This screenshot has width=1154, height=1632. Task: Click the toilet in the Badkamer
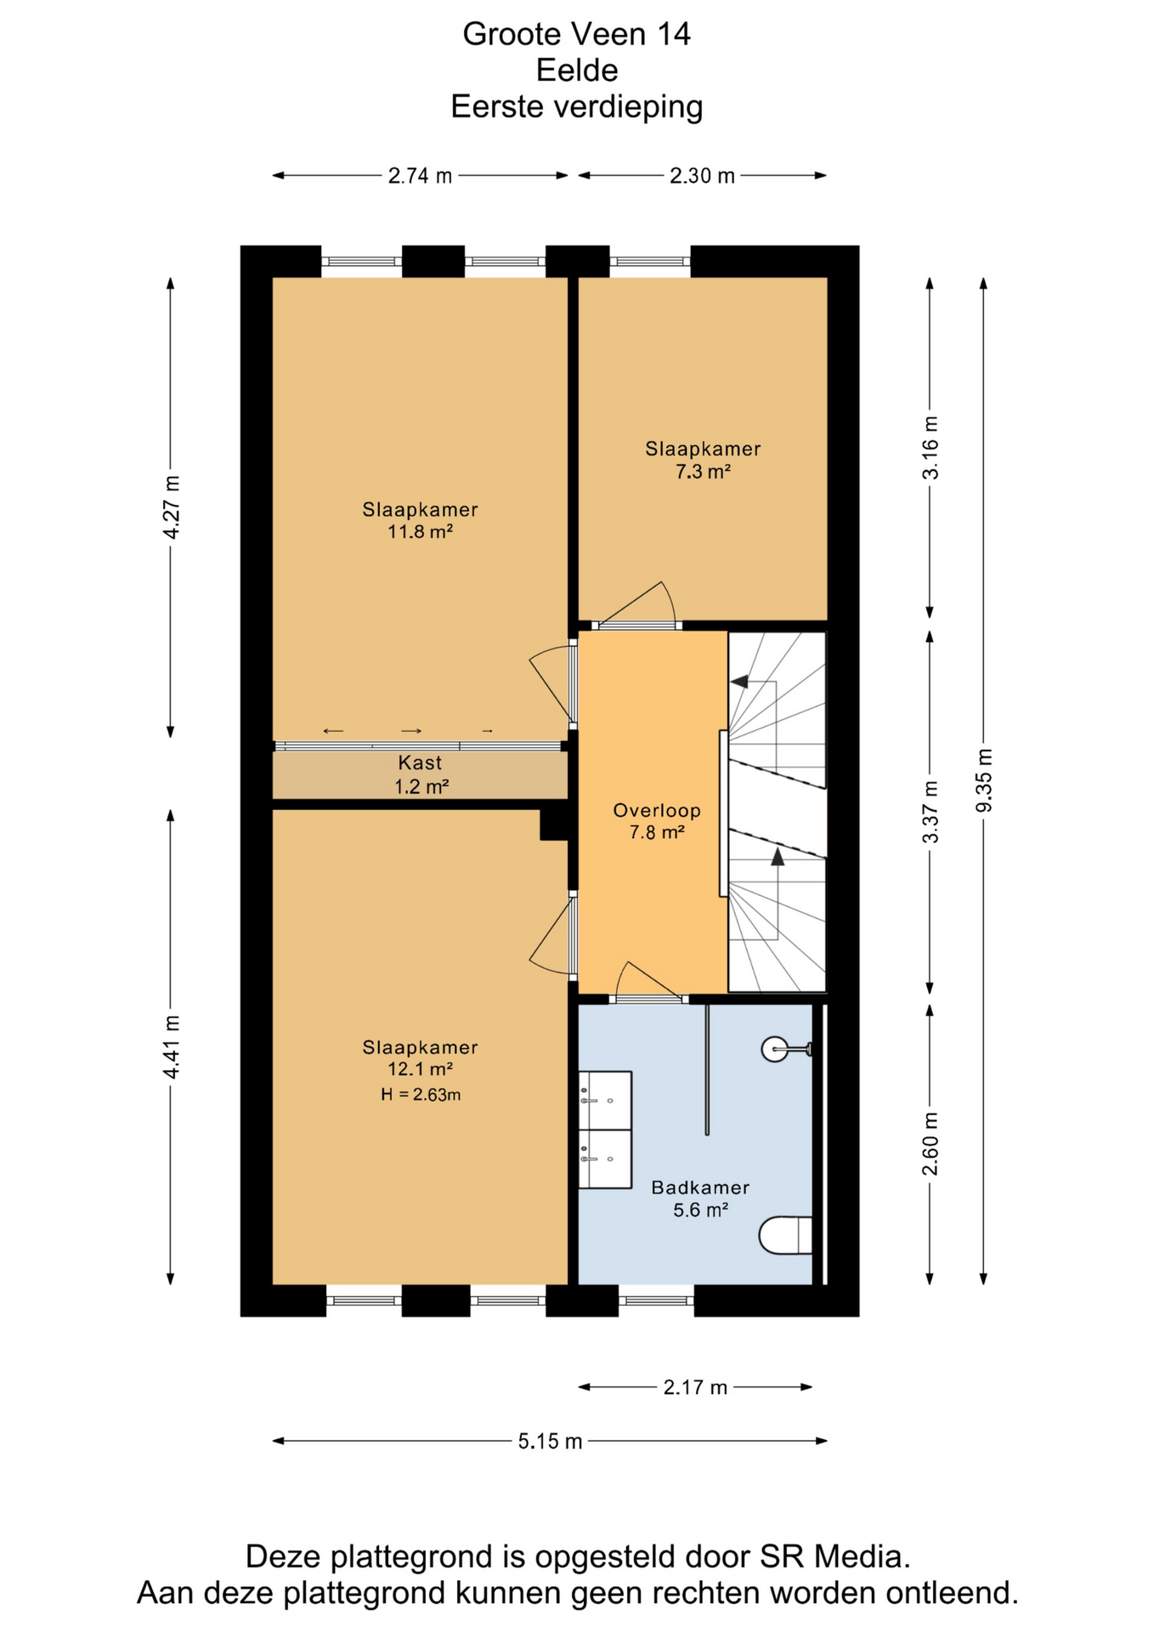785,1235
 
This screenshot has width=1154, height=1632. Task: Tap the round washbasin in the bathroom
776,1049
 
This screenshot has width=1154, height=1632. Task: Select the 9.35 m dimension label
984,779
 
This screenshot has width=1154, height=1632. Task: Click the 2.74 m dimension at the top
420,176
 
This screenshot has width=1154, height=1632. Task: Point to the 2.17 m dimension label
695,1387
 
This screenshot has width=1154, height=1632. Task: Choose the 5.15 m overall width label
550,1441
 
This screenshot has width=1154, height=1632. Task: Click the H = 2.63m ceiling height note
421,1095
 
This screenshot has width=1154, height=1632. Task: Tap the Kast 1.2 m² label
421,774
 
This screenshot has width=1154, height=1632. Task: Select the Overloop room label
657,810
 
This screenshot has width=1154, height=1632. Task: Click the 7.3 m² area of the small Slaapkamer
703,471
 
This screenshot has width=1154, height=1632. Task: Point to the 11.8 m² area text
420,532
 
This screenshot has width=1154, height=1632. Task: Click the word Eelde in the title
577,70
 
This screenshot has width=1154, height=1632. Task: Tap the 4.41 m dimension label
172,1047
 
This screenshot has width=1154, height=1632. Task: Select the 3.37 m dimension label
931,812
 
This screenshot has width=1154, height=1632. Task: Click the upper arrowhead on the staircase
739,681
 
